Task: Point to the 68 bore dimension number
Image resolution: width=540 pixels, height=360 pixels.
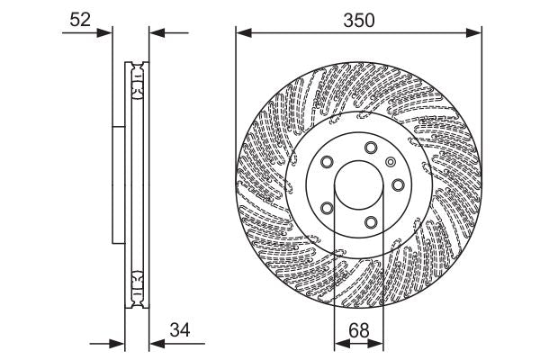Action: [358, 329]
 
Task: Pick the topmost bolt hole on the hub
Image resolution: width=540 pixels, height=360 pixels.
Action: [371, 148]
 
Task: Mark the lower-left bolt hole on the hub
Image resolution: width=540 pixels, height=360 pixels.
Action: [327, 210]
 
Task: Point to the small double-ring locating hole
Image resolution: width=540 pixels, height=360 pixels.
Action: [390, 162]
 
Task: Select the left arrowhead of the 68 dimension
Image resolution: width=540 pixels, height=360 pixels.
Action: [339, 344]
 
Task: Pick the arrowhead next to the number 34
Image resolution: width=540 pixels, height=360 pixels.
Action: [153, 344]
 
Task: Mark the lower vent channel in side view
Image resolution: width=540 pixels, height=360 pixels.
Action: [136, 285]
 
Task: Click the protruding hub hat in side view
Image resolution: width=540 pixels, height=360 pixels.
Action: [117, 184]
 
